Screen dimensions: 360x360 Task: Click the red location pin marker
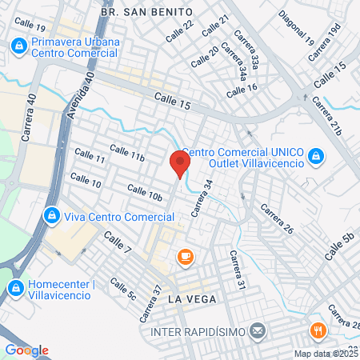coord(180,165)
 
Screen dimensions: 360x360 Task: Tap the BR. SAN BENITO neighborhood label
coord(148,12)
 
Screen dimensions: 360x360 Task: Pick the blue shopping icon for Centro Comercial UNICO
coord(316,154)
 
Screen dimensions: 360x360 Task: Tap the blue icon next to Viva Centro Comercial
coord(51,216)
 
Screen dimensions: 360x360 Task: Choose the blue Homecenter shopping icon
coord(15,286)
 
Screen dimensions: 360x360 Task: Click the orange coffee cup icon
coord(186,256)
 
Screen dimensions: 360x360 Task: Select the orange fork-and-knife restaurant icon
coord(318,330)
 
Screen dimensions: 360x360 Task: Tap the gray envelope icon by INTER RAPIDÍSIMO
coord(258,330)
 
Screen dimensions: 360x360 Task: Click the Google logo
coord(26,350)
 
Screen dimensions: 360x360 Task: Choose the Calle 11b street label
coord(127,153)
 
